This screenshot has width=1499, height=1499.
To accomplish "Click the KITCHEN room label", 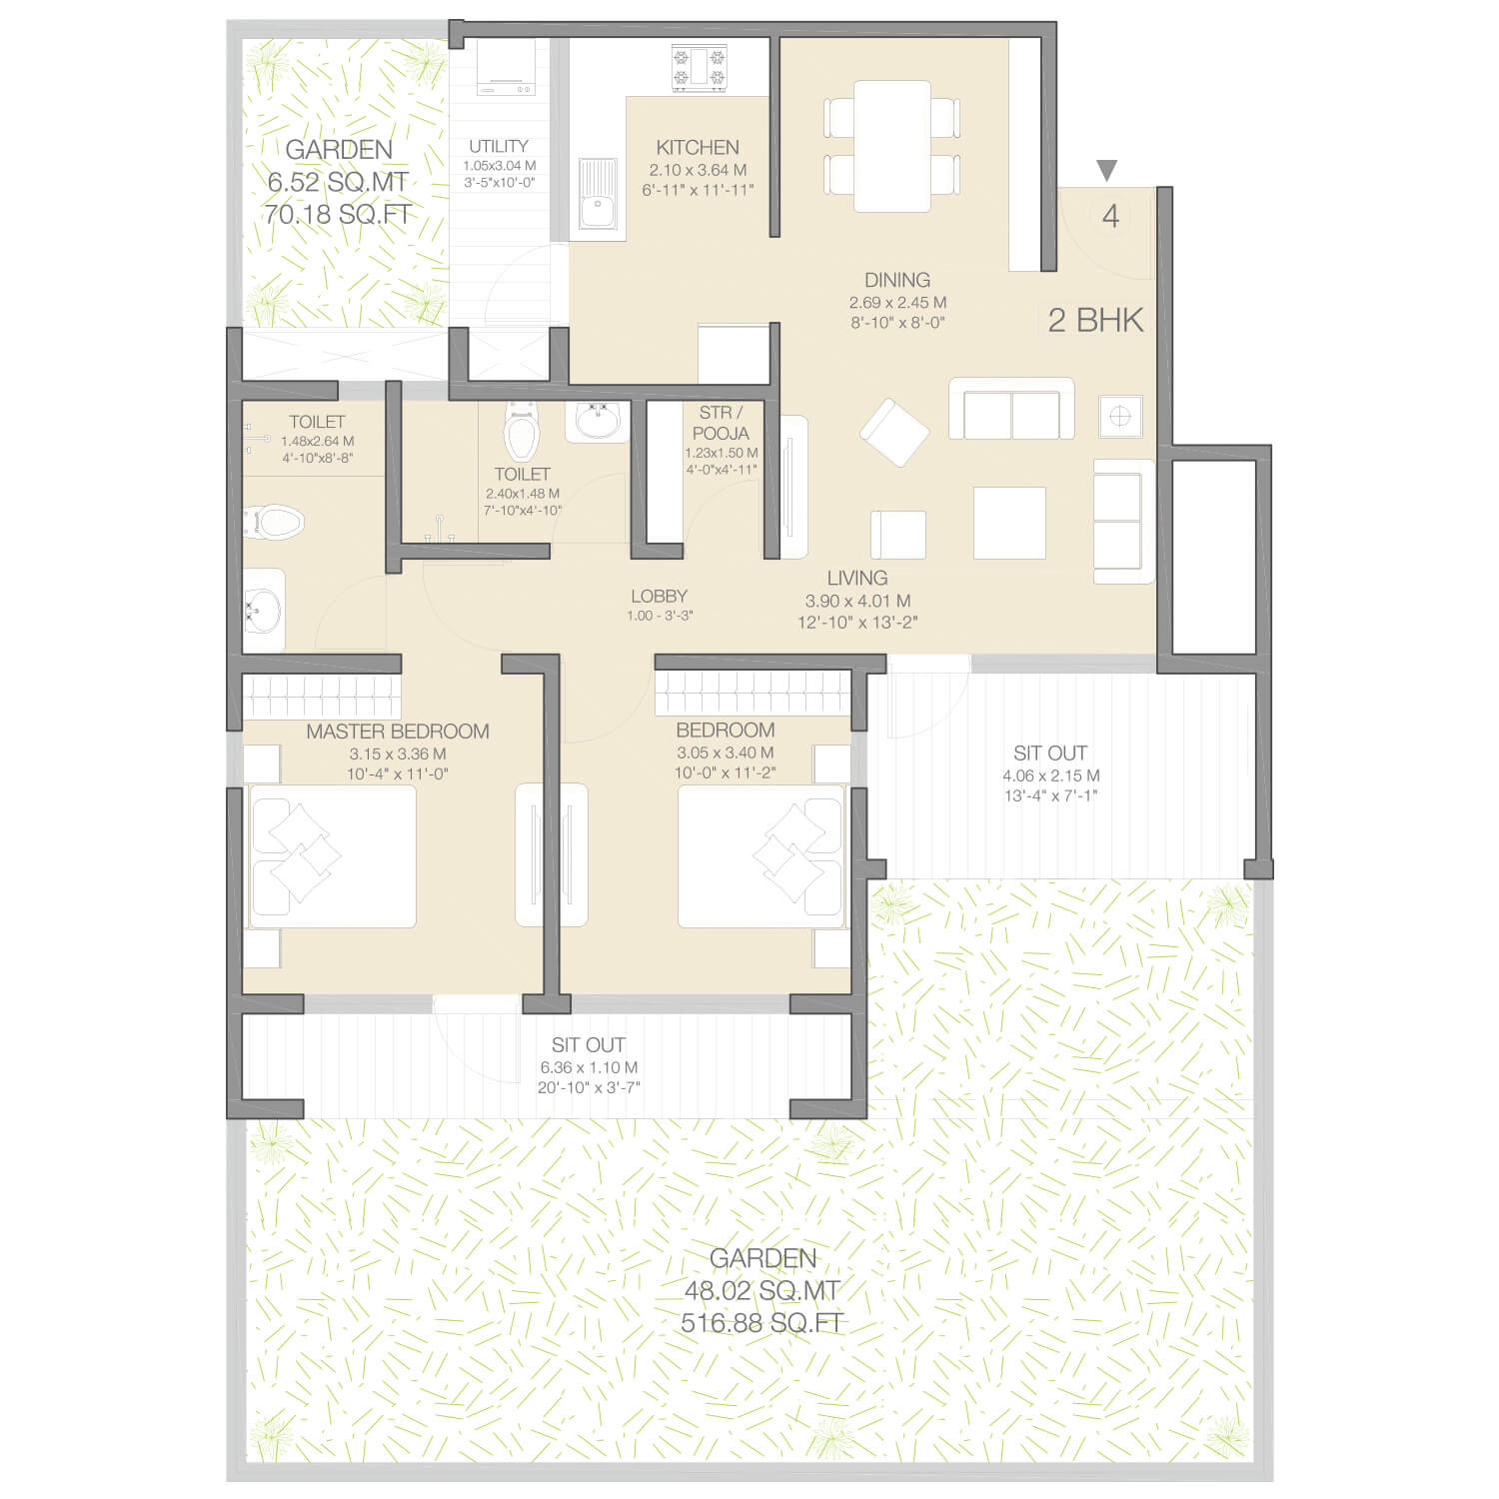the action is pyautogui.click(x=698, y=147).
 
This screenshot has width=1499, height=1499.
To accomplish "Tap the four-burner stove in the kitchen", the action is pyautogui.click(x=699, y=69).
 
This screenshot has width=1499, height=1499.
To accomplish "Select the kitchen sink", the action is pyautogui.click(x=598, y=199).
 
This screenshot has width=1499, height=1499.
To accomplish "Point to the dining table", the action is pyautogui.click(x=892, y=146).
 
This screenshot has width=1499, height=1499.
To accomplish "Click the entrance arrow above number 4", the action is pyautogui.click(x=1106, y=170).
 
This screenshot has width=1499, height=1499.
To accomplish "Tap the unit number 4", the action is pyautogui.click(x=1110, y=216).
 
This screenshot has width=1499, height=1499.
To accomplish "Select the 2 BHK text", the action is pyautogui.click(x=1096, y=320).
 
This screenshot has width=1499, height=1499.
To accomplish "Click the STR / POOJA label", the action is pyautogui.click(x=721, y=423).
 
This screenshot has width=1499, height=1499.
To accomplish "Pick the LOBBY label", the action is pyautogui.click(x=660, y=597).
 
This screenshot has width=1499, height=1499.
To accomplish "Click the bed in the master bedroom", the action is pyautogui.click(x=332, y=856).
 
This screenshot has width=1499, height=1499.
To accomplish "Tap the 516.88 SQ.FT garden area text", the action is pyautogui.click(x=762, y=1323).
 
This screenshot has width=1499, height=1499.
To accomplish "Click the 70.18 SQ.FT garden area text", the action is pyautogui.click(x=339, y=214).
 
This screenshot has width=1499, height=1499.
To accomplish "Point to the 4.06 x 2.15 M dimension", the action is pyautogui.click(x=1051, y=775).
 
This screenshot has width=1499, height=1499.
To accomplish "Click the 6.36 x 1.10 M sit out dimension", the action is pyautogui.click(x=589, y=1067).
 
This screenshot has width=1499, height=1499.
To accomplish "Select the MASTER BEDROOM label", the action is pyautogui.click(x=398, y=732).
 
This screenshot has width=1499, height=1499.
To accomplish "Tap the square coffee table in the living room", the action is pyautogui.click(x=1009, y=523).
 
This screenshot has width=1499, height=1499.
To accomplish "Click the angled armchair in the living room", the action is pyautogui.click(x=894, y=432).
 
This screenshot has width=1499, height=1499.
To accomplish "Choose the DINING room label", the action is pyautogui.click(x=897, y=280).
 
